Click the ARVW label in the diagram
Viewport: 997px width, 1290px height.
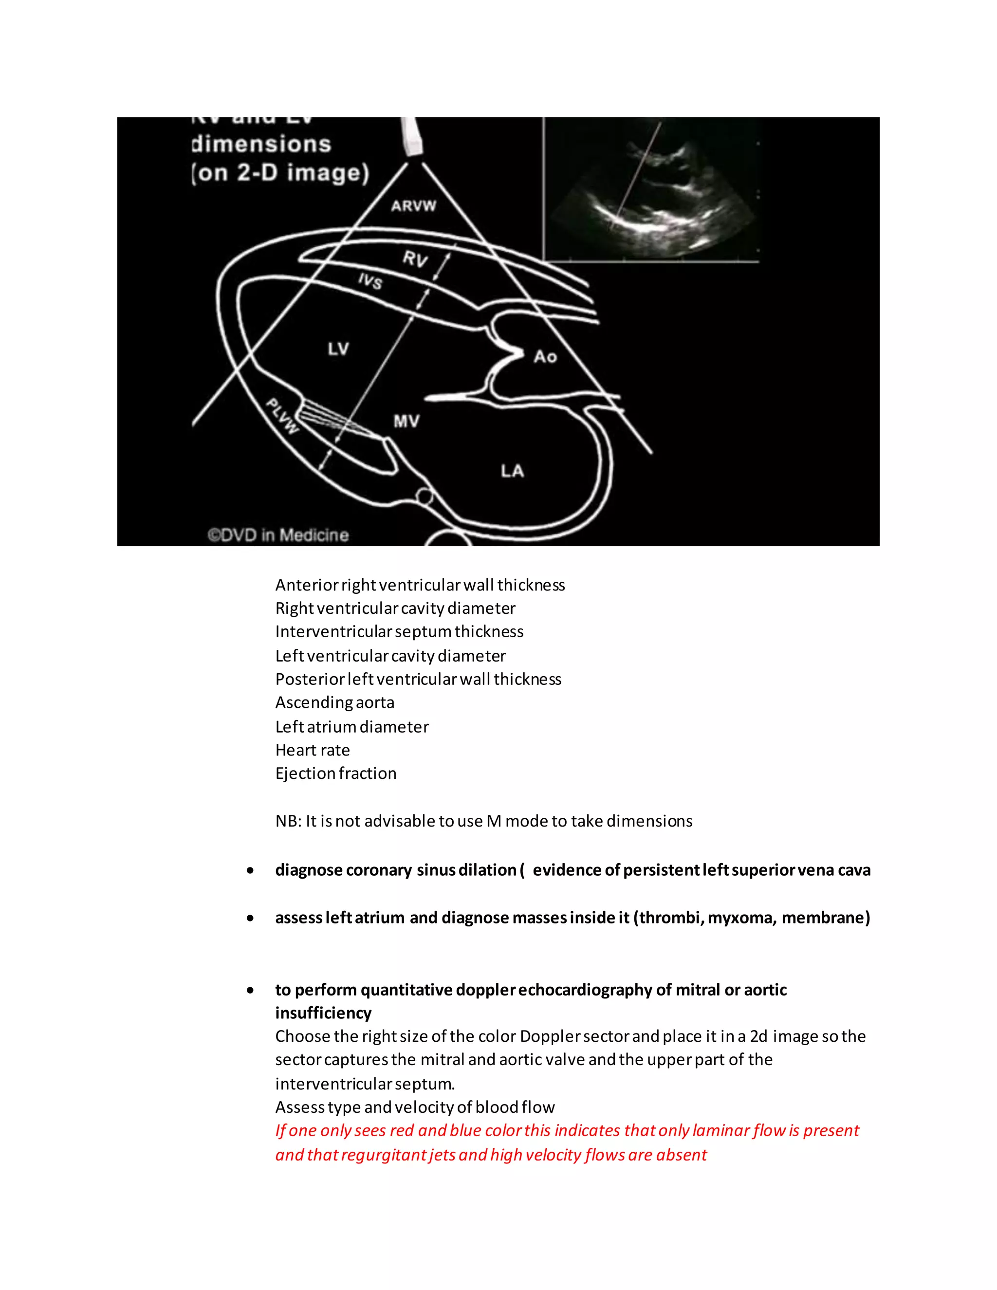pos(413,206)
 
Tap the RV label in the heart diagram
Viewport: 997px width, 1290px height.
pos(415,258)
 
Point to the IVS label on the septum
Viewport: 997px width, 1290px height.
pos(370,280)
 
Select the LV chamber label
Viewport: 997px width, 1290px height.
pos(338,349)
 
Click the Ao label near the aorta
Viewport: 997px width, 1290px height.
pos(545,357)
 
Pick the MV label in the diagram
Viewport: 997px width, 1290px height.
pos(406,421)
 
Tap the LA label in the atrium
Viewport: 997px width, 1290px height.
pos(512,471)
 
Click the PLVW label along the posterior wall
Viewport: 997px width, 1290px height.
pos(282,416)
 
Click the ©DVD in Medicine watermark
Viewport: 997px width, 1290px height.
pos(278,535)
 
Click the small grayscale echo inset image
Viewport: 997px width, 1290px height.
pos(650,189)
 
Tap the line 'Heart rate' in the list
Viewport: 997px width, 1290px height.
pos(313,750)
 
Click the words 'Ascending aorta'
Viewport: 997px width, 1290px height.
pos(334,702)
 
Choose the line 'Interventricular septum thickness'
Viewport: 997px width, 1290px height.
pos(399,631)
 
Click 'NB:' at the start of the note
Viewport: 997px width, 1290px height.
pos(288,821)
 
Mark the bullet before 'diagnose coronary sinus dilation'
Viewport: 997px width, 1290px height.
pos(251,871)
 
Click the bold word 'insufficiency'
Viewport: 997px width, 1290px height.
pos(323,1013)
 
